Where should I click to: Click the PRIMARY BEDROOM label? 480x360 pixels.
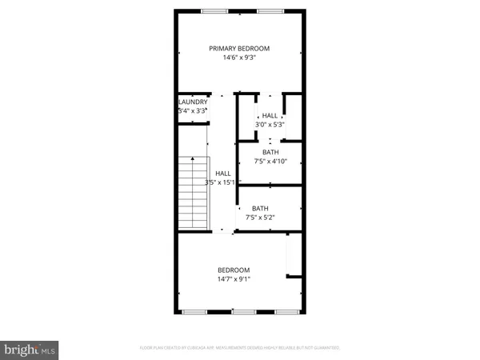tap(239, 49)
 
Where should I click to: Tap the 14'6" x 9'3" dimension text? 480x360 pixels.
tap(239, 58)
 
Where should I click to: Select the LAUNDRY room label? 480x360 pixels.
tap(193, 102)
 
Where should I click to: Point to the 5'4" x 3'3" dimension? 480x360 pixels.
tap(193, 111)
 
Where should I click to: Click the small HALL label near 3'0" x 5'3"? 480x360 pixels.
tap(270, 115)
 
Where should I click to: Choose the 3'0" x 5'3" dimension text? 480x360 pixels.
tap(270, 125)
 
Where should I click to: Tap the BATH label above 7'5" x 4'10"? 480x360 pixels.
tap(270, 152)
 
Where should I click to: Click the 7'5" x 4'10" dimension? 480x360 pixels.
tap(270, 162)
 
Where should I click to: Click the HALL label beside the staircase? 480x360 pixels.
tap(223, 173)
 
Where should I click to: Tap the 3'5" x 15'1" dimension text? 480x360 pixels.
tap(220, 182)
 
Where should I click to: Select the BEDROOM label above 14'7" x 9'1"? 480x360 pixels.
tap(234, 270)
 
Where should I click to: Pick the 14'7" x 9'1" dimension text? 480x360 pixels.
tap(234, 279)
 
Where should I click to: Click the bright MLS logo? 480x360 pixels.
tap(30, 349)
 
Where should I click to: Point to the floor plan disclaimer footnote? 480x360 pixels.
tap(239, 348)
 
